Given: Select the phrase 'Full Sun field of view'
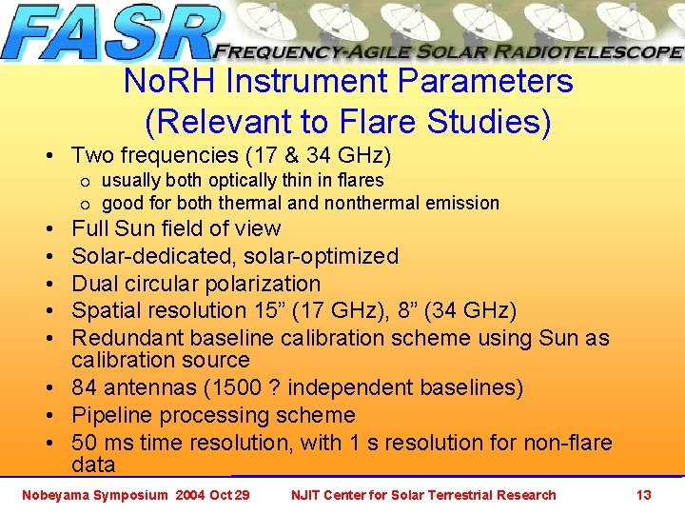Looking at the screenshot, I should click(x=176, y=228).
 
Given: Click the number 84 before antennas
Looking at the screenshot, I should click(x=85, y=387).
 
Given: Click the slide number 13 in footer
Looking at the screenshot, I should click(x=643, y=495).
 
